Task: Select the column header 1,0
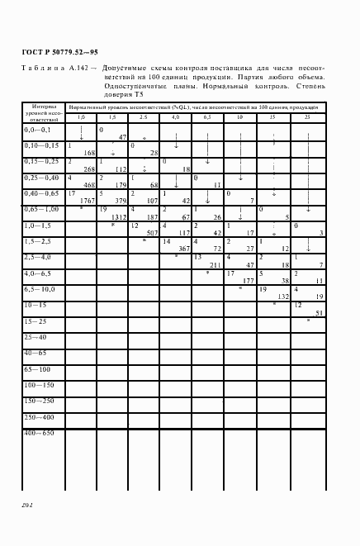click(x=81, y=119)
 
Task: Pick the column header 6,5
click(x=207, y=119)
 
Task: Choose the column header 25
click(x=307, y=119)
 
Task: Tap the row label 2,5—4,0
click(x=38, y=257)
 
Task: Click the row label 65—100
click(x=38, y=368)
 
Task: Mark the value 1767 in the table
click(x=88, y=200)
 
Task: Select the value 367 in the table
click(x=184, y=248)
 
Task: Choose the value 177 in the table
click(x=248, y=280)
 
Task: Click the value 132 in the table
click(x=280, y=296)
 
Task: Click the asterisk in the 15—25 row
click(x=307, y=320)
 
